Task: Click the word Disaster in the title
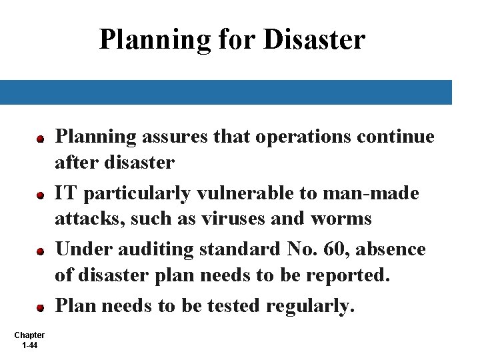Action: coord(315,39)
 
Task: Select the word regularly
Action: coord(317,306)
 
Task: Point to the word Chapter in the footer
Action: coord(29,335)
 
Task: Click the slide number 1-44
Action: coord(29,345)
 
